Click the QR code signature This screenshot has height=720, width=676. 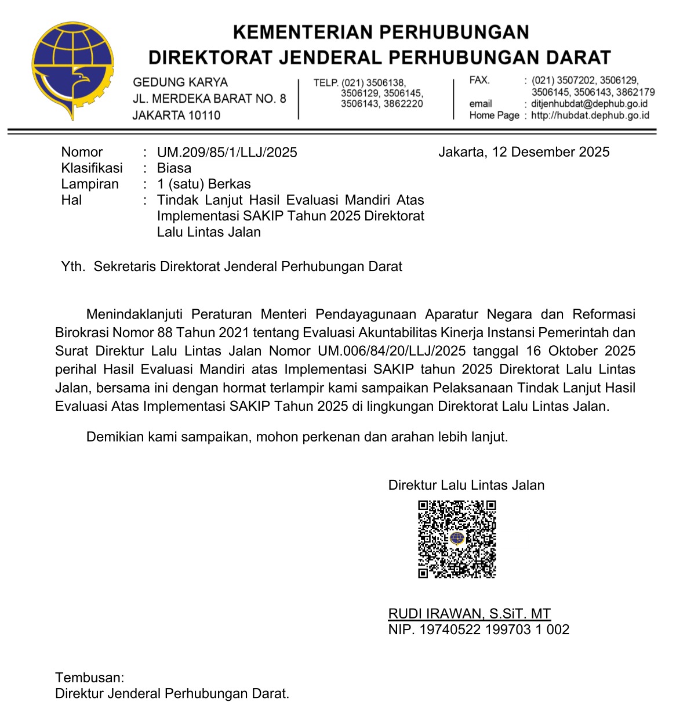click(457, 539)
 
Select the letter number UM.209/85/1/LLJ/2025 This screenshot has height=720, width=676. click(227, 153)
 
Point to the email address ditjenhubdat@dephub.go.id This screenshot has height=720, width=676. click(589, 104)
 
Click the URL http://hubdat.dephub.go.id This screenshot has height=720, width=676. click(590, 115)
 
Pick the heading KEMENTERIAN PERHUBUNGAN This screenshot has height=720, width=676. click(381, 32)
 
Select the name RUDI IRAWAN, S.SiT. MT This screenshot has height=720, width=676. click(469, 614)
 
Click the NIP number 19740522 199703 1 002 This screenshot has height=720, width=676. click(494, 629)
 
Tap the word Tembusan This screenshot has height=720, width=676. click(89, 678)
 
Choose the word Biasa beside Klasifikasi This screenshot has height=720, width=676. click(174, 168)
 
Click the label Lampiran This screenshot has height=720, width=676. click(90, 184)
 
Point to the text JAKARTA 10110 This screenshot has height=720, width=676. click(176, 115)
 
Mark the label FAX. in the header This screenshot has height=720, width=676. click(479, 80)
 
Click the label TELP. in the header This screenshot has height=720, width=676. click(326, 83)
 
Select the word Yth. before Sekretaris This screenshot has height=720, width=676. click(73, 267)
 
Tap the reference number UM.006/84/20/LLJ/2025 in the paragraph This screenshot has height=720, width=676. click(391, 351)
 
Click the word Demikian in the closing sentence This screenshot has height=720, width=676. click(115, 437)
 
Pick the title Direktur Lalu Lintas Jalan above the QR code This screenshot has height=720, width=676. click(466, 486)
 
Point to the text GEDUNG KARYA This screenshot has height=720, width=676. click(180, 82)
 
